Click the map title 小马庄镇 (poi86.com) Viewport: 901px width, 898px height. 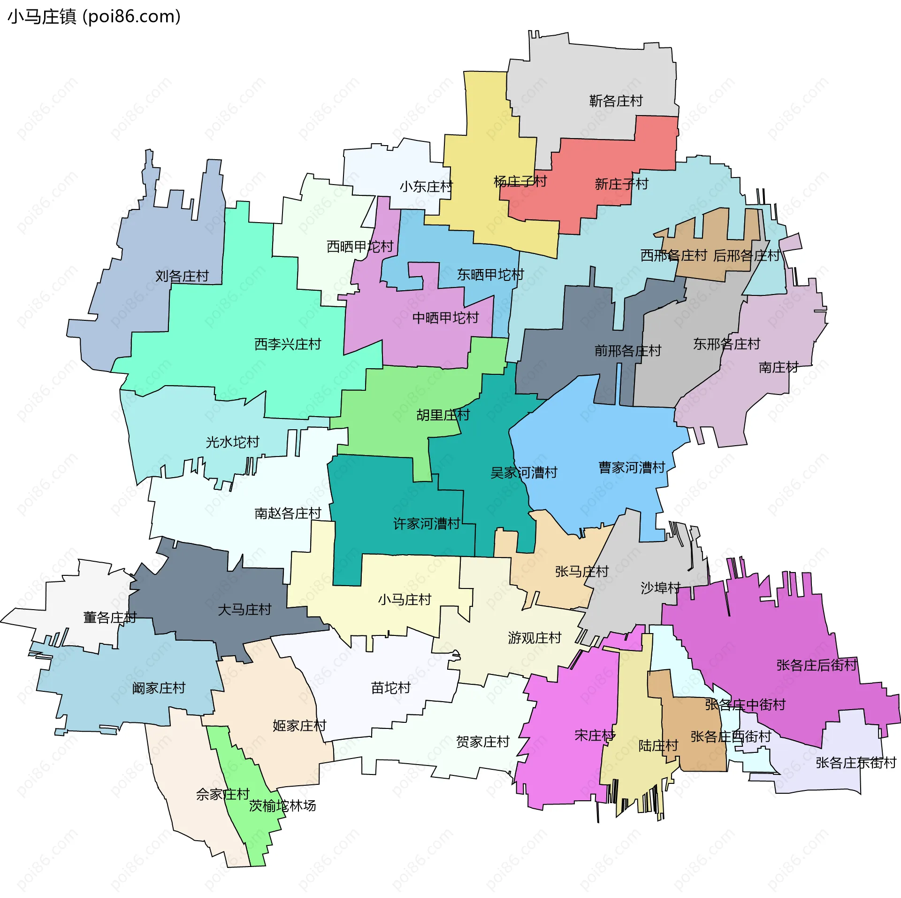point(94,17)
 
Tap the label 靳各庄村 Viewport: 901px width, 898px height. point(616,101)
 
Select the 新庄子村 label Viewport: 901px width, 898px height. point(621,184)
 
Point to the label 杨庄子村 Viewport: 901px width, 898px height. point(520,181)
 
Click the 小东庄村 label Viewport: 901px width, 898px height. point(426,187)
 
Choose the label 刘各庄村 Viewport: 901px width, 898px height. point(182,276)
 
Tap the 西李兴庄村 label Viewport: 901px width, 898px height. point(288,344)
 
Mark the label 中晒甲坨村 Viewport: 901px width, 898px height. point(445,318)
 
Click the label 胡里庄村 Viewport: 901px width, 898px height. point(443,415)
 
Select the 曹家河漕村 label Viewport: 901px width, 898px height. point(632,467)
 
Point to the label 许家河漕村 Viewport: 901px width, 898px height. point(426,524)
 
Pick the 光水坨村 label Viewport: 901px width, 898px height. point(232,442)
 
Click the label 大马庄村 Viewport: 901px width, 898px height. point(244,610)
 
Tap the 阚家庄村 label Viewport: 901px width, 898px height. point(159,688)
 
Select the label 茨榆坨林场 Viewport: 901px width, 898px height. point(283,806)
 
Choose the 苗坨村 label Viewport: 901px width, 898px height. point(391,688)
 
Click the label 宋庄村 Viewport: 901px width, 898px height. point(595,735)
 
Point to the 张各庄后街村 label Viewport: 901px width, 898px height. point(817,665)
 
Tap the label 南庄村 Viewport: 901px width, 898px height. point(779,367)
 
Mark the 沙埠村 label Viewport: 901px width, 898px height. point(660,588)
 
